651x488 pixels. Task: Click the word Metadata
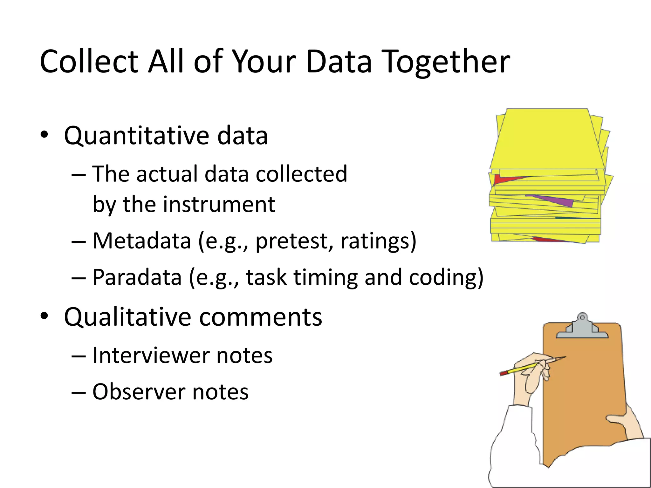142,241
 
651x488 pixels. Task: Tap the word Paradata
137,277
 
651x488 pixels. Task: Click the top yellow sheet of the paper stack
547,140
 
